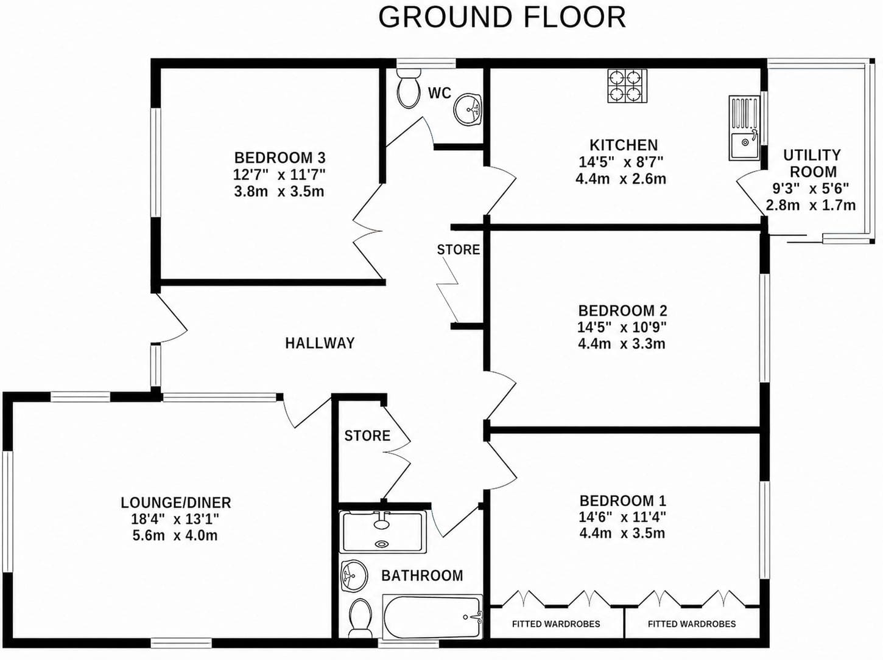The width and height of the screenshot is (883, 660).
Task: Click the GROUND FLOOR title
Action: [502, 17]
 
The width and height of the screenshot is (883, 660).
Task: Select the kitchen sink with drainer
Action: [744, 128]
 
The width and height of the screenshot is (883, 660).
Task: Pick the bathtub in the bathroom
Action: [432, 617]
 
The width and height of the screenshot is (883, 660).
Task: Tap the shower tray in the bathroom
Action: [382, 532]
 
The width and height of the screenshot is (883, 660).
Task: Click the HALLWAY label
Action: [320, 343]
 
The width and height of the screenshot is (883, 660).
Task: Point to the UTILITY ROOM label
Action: [812, 164]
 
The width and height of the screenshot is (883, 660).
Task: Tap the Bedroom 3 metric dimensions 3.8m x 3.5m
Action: [279, 192]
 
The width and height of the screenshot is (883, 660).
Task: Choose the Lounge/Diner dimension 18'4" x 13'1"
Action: [175, 519]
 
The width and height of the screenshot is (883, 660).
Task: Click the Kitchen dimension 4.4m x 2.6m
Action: [621, 179]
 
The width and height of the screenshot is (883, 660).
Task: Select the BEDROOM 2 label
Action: [623, 310]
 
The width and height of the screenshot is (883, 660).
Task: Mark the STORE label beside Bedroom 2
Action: [459, 250]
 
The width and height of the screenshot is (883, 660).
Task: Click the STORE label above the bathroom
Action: [367, 436]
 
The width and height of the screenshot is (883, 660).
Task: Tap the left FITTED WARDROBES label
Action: [556, 624]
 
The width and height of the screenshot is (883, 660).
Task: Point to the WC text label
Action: [440, 93]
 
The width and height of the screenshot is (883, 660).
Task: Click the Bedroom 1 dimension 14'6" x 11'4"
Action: [622, 517]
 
